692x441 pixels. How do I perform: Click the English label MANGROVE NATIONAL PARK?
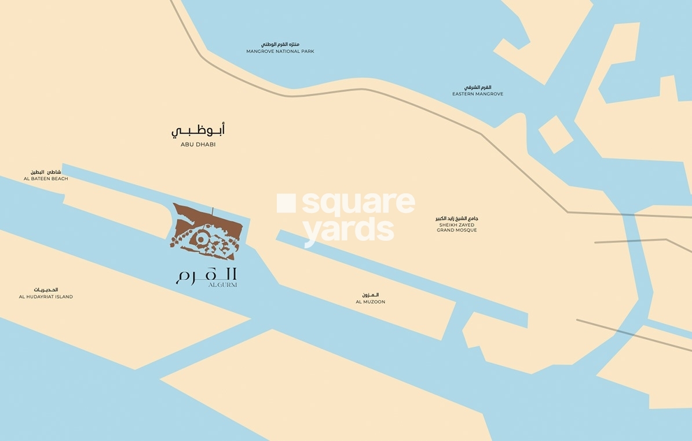click(280, 52)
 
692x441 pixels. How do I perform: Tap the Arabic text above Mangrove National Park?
click(280, 44)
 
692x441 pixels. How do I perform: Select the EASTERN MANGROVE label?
click(478, 94)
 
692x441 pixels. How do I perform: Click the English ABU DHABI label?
click(198, 145)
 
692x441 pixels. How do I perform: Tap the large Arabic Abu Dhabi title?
click(198, 130)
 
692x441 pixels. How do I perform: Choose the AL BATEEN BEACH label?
click(46, 179)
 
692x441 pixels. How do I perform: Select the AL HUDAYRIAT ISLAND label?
click(46, 297)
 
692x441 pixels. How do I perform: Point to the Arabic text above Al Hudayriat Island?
click(46, 289)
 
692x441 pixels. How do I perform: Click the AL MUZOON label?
click(371, 302)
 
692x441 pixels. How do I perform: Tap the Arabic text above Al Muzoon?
click(369, 295)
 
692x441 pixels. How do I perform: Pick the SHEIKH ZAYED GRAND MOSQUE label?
click(457, 227)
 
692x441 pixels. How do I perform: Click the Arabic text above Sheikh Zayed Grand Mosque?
click(457, 218)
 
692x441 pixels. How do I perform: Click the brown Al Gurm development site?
click(206, 231)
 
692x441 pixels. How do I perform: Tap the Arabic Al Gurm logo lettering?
click(206, 274)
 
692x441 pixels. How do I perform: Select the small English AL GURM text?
click(223, 285)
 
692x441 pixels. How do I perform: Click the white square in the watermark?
click(286, 203)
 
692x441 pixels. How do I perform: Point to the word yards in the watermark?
click(349, 230)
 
